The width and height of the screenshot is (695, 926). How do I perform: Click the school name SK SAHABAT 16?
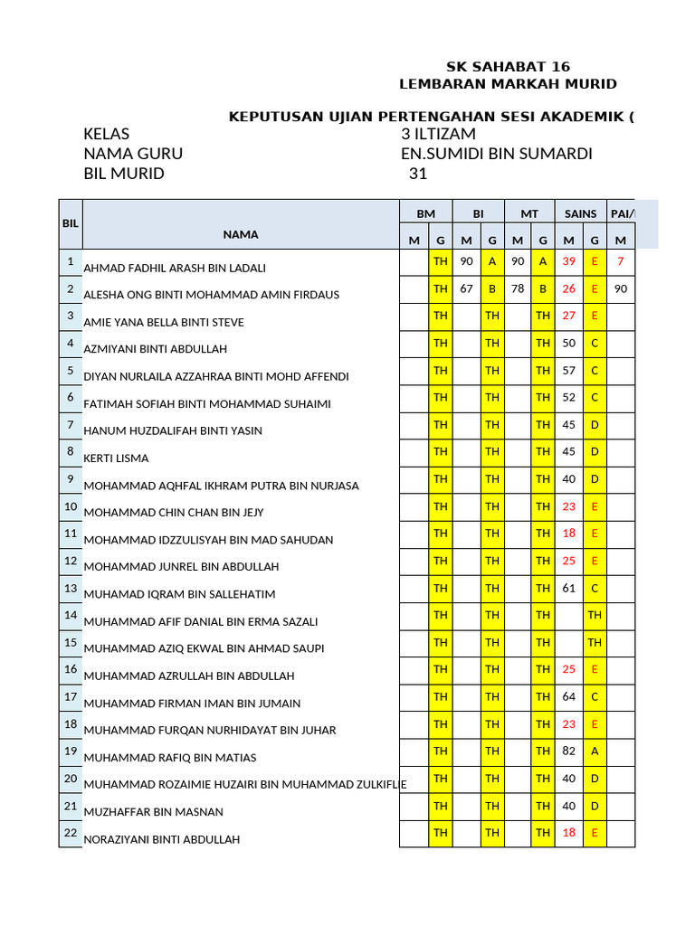509,67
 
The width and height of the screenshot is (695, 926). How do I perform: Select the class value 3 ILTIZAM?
438,134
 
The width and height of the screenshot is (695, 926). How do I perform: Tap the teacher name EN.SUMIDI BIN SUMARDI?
496,154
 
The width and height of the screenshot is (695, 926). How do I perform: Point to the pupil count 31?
417,174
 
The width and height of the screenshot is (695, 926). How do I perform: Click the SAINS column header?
581,213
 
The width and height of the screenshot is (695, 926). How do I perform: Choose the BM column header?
426,213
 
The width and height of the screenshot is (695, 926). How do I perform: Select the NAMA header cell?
241,234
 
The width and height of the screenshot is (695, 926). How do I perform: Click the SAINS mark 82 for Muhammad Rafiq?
568,751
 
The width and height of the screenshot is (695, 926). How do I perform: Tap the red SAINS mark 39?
568,261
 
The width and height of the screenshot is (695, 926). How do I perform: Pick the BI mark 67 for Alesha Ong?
467,288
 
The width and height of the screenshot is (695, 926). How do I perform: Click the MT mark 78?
518,288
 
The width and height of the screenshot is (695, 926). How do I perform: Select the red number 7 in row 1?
620,261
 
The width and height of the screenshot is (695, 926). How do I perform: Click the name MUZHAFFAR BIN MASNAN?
153,812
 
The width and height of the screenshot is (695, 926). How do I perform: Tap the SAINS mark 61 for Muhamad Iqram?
568,588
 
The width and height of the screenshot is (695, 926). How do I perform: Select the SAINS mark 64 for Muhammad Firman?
568,696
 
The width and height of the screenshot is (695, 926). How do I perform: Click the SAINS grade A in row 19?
595,751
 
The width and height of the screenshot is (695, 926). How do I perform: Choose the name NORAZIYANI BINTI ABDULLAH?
161,839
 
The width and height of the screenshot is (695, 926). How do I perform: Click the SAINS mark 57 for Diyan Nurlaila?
568,370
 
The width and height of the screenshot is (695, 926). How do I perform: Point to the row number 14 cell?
71,615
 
